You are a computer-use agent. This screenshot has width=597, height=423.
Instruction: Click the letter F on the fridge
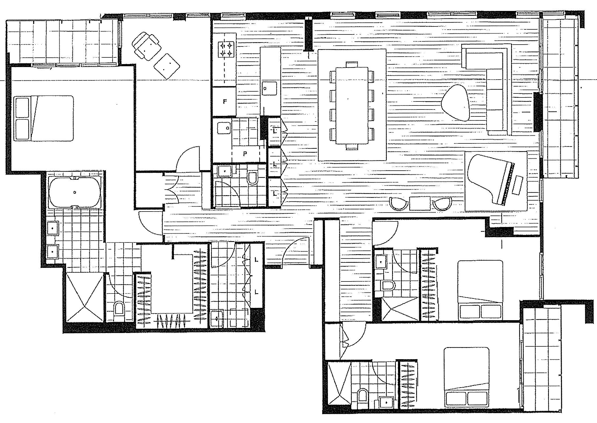point(225,101)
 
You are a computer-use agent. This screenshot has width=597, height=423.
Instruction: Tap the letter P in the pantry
point(244,154)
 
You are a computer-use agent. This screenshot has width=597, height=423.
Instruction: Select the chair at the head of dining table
point(351,64)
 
